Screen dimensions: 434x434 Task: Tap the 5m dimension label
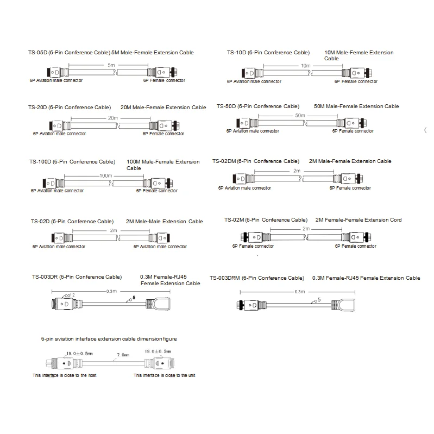click(111, 65)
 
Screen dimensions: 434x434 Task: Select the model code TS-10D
click(236, 53)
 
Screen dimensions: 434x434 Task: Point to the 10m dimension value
click(305, 65)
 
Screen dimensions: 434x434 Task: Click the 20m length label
click(113, 118)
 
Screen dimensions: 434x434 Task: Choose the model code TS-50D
click(226, 106)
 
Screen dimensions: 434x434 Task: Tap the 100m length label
click(105, 176)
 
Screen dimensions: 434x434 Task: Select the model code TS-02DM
click(224, 161)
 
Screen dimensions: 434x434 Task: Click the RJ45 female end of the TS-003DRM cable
click(346, 306)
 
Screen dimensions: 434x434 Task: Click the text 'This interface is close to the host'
click(64, 376)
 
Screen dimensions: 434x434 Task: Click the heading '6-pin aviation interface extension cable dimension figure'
click(109, 339)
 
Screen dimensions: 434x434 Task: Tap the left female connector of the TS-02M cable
click(253, 237)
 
